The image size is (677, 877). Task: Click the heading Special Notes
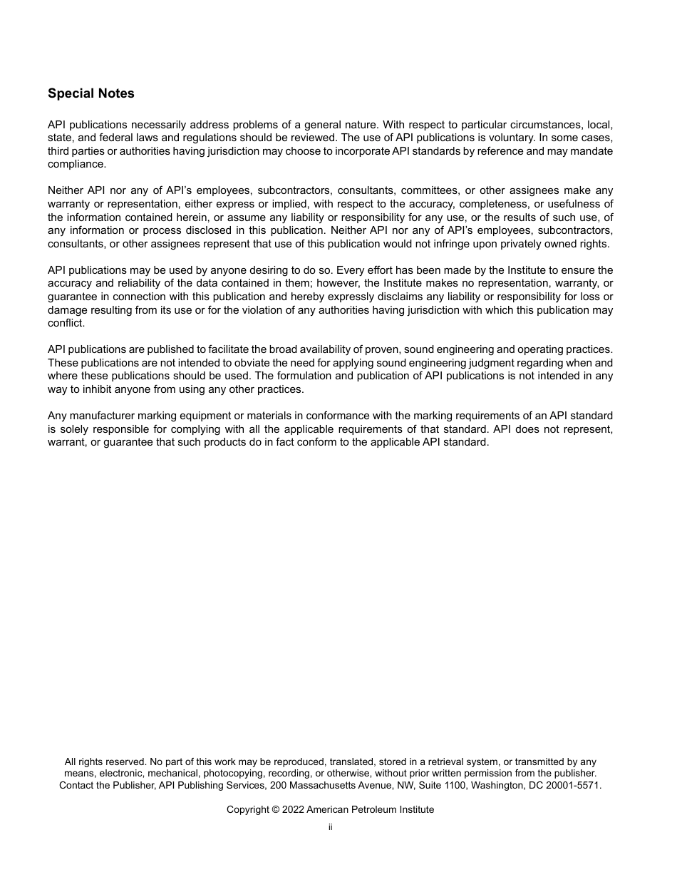click(x=91, y=93)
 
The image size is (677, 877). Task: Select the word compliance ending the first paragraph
click(x=76, y=164)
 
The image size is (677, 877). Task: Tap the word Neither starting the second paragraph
click(x=65, y=190)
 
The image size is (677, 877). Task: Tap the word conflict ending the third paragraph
click(x=66, y=323)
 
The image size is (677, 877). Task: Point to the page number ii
click(x=330, y=827)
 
